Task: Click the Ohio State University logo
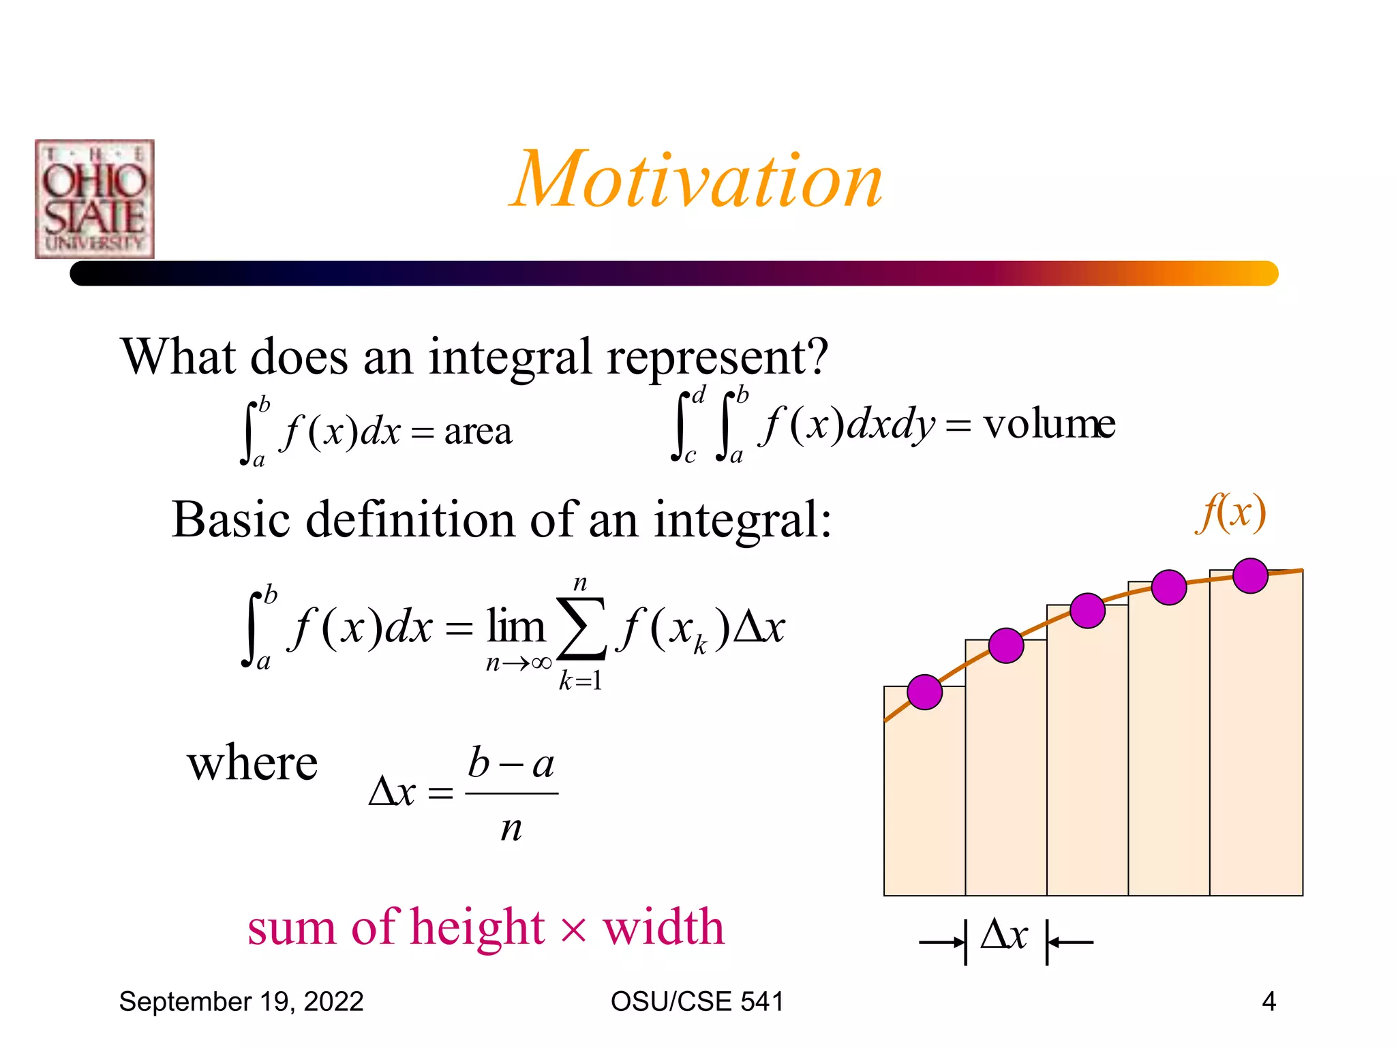[95, 199]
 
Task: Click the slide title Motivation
[696, 180]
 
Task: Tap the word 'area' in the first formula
[478, 431]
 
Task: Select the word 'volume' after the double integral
[1049, 424]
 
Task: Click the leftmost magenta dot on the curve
[924, 693]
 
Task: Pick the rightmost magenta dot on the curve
[1250, 575]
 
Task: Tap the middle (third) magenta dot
[1087, 610]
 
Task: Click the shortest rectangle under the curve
[924, 798]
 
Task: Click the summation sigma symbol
[581, 628]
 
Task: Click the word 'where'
[252, 763]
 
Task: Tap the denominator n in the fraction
[511, 828]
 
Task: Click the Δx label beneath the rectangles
[1004, 935]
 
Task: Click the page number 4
[1269, 1001]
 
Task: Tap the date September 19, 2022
[241, 1001]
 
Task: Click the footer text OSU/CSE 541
[697, 1001]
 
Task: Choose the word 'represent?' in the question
[718, 357]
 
